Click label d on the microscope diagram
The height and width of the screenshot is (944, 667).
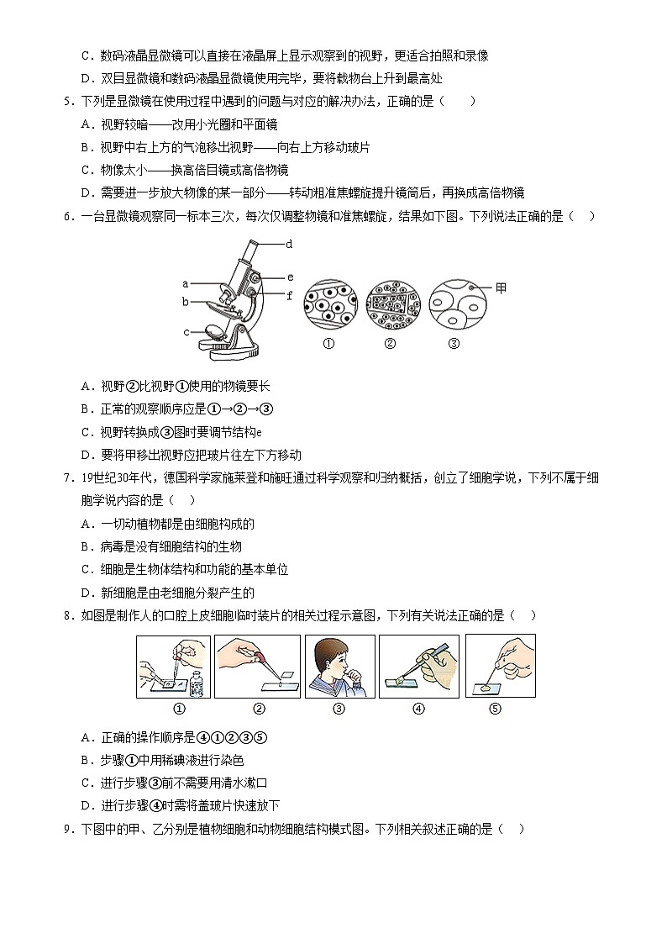(x=288, y=244)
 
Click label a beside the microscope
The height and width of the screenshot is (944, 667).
(x=185, y=283)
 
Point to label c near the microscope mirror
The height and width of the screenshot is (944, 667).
(x=186, y=332)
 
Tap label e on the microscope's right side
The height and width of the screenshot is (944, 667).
(x=290, y=277)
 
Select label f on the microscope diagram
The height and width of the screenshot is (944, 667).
(x=290, y=295)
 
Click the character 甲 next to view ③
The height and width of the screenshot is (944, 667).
(x=501, y=288)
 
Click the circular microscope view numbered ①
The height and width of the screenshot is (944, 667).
(x=329, y=304)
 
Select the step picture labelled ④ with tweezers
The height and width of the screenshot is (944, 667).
(x=418, y=666)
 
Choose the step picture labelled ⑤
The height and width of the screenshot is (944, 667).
(x=500, y=666)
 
